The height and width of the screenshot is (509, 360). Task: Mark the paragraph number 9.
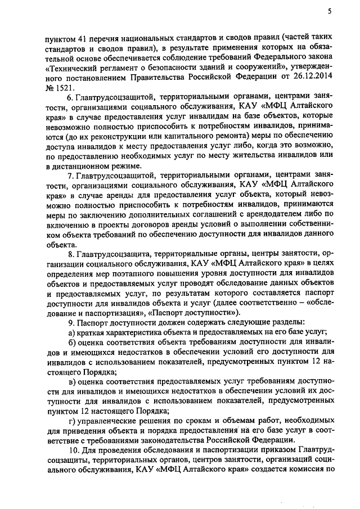[x=70, y=322]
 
